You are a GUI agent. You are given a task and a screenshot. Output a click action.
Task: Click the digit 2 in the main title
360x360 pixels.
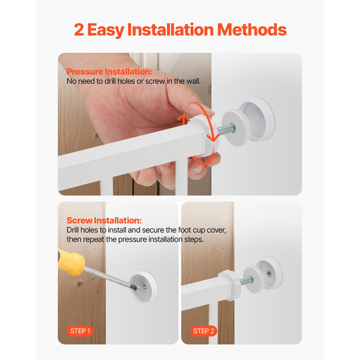pyautogui.click(x=79, y=30)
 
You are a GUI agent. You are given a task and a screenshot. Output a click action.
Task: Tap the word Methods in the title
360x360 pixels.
pyautogui.click(x=252, y=30)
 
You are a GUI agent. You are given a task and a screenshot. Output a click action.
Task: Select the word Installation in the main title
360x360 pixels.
pyautogui.click(x=170, y=30)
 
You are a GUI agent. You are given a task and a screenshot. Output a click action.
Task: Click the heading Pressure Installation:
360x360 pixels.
pyautogui.click(x=110, y=71)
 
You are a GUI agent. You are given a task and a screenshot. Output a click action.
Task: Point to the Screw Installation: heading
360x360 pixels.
pyautogui.click(x=104, y=221)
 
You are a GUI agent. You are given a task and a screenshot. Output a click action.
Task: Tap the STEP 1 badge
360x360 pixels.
pyautogui.click(x=80, y=331)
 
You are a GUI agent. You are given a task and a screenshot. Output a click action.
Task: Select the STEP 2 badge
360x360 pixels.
pyautogui.click(x=204, y=331)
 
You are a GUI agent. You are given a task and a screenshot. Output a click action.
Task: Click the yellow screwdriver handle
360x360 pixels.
pyautogui.click(x=71, y=262)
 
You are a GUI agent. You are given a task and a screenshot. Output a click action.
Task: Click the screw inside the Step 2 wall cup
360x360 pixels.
pyautogui.click(x=268, y=274)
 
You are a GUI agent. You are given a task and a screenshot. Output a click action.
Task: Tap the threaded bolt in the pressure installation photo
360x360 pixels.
pyautogui.click(x=226, y=129)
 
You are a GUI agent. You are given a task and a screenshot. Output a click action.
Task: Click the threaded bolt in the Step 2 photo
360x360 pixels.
pyautogui.click(x=246, y=281)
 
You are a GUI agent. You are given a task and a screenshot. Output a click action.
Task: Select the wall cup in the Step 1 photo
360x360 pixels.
pyautogui.click(x=143, y=286)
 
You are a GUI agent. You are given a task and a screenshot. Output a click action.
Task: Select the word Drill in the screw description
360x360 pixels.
pyautogui.click(x=73, y=230)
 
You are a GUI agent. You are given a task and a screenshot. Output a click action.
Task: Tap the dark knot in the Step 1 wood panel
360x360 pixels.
pyautogui.click(x=80, y=284)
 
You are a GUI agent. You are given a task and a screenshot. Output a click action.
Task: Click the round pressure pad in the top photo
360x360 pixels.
pyautogui.click(x=236, y=128)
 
